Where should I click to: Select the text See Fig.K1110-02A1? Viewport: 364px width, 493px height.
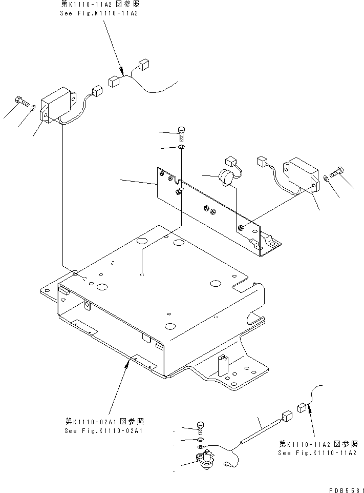pyautogui.click(x=103, y=430)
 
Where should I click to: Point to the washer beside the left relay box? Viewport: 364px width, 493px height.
pyautogui.click(x=33, y=108)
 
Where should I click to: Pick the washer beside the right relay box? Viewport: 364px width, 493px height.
pyautogui.click(x=326, y=179)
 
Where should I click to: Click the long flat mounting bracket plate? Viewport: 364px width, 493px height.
pyautogui.click(x=215, y=210)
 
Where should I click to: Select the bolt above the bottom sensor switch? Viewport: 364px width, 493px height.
pyautogui.click(x=200, y=427)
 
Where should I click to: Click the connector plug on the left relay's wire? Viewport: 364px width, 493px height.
pyautogui.click(x=96, y=91)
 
